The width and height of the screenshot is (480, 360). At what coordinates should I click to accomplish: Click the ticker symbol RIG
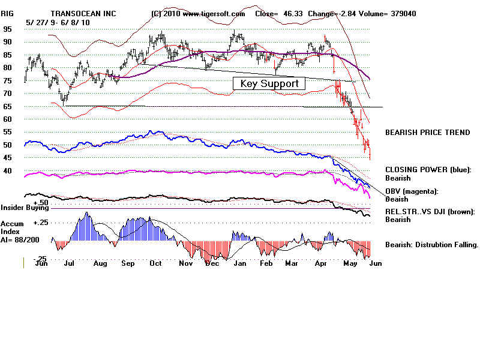click(x=8, y=13)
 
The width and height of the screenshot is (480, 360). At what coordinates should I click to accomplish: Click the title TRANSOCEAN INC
click(x=88, y=13)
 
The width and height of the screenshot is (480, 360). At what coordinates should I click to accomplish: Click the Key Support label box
click(x=269, y=83)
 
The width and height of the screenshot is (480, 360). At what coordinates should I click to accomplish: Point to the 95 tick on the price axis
click(x=8, y=29)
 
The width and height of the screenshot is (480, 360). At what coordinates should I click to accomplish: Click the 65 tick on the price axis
click(x=8, y=106)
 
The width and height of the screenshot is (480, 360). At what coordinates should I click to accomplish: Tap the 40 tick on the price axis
click(x=8, y=171)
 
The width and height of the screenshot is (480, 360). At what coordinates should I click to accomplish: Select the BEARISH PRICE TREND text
click(x=427, y=133)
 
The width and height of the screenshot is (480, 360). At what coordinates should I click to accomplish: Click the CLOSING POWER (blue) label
click(x=428, y=170)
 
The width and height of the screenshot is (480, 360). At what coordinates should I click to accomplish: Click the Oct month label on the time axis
click(x=155, y=263)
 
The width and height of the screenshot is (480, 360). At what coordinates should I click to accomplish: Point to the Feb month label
click(x=266, y=263)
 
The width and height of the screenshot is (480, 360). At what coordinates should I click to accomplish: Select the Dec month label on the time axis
click(x=211, y=263)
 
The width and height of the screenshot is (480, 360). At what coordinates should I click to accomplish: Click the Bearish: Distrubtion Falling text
click(x=431, y=245)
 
